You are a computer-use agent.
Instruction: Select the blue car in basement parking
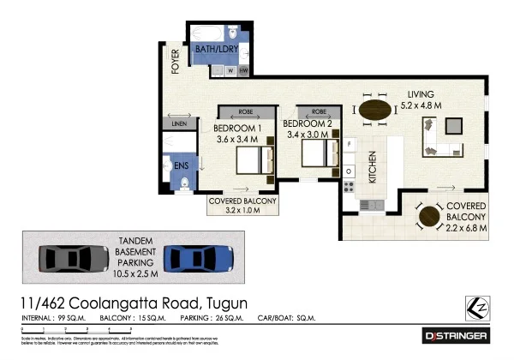(x=199, y=257)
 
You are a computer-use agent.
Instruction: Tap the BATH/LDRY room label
(x=216, y=51)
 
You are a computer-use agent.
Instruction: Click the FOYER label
(x=175, y=63)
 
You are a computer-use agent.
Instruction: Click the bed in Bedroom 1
(x=252, y=159)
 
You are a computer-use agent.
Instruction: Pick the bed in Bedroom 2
(x=320, y=153)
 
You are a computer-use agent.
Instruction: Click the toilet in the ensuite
(x=185, y=179)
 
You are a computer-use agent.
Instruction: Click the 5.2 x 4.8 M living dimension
(x=421, y=105)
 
